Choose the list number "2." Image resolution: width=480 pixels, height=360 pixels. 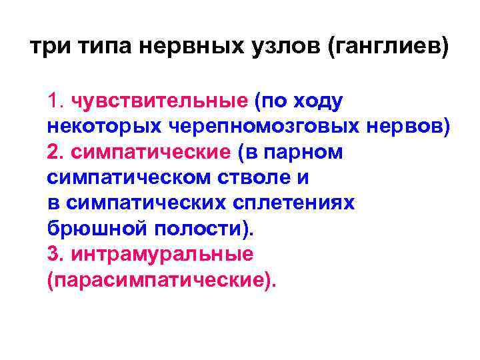pyautogui.click(x=56, y=152)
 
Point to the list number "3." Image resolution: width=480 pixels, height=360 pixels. pyautogui.click(x=56, y=254)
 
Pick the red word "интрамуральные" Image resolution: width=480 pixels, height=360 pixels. pyautogui.click(x=161, y=254)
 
